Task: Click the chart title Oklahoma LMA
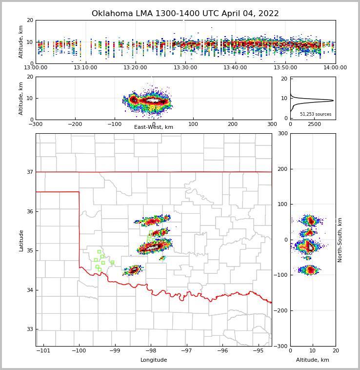pyautogui.click(x=185, y=14)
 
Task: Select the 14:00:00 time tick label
pyautogui.click(x=335, y=68)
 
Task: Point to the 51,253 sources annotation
pyautogui.click(x=316, y=114)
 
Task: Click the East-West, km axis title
pyautogui.click(x=154, y=127)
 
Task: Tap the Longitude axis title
pyautogui.click(x=154, y=360)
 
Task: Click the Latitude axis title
pyautogui.click(x=21, y=240)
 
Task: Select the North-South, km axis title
pyautogui.click(x=340, y=240)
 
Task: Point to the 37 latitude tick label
pyautogui.click(x=30, y=172)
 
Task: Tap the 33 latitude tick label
pyautogui.click(x=30, y=329)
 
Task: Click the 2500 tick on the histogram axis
pyautogui.click(x=314, y=124)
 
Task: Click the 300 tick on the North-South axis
pyautogui.click(x=281, y=133)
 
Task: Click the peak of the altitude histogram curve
pyautogui.click(x=333, y=101)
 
